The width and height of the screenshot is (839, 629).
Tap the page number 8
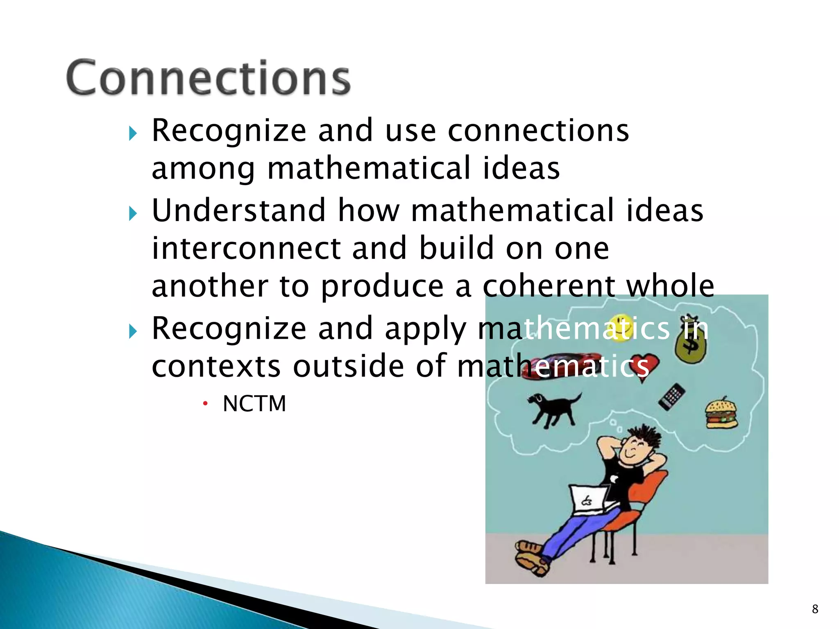(x=815, y=609)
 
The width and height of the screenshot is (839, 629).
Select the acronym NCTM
(x=254, y=404)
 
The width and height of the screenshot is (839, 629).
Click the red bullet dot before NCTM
(x=205, y=404)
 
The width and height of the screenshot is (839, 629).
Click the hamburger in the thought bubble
(x=721, y=413)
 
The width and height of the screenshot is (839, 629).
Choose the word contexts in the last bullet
(x=216, y=366)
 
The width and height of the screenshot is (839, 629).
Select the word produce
(x=382, y=287)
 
